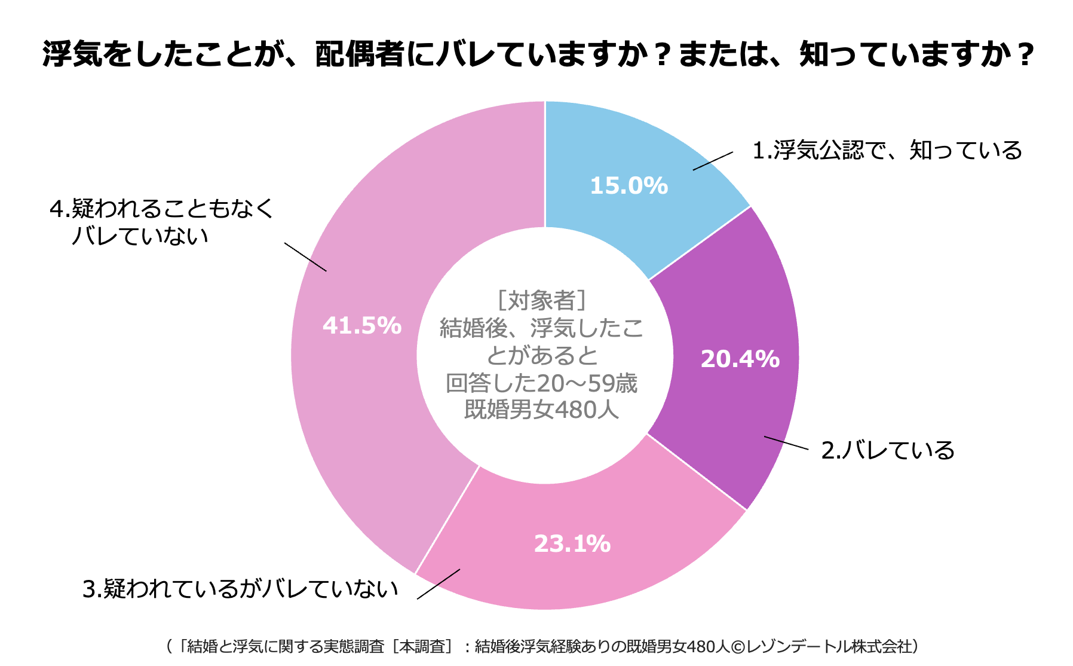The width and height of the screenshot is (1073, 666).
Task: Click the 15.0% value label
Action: pos(629,186)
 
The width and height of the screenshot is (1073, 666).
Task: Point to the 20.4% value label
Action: pos(740,359)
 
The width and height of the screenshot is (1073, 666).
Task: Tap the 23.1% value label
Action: pos(572,544)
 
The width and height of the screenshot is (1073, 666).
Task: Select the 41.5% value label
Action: pos(362,326)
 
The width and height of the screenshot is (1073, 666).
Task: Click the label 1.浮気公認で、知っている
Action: pos(887,151)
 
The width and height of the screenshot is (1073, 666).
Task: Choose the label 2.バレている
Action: pos(888,451)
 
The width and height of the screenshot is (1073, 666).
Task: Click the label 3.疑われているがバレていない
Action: pos(240,589)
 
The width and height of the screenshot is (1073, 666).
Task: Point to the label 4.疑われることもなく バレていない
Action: pos(161,222)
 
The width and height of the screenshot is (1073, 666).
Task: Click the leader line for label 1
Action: pos(713,161)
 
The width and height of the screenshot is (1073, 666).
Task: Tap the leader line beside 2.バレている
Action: pos(786,443)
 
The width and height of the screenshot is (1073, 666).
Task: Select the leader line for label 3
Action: pos(439,583)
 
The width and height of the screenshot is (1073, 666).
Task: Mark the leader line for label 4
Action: pos(305,257)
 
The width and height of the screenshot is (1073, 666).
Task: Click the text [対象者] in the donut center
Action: pos(541,300)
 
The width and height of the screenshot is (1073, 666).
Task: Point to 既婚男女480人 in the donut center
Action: pos(541,410)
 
